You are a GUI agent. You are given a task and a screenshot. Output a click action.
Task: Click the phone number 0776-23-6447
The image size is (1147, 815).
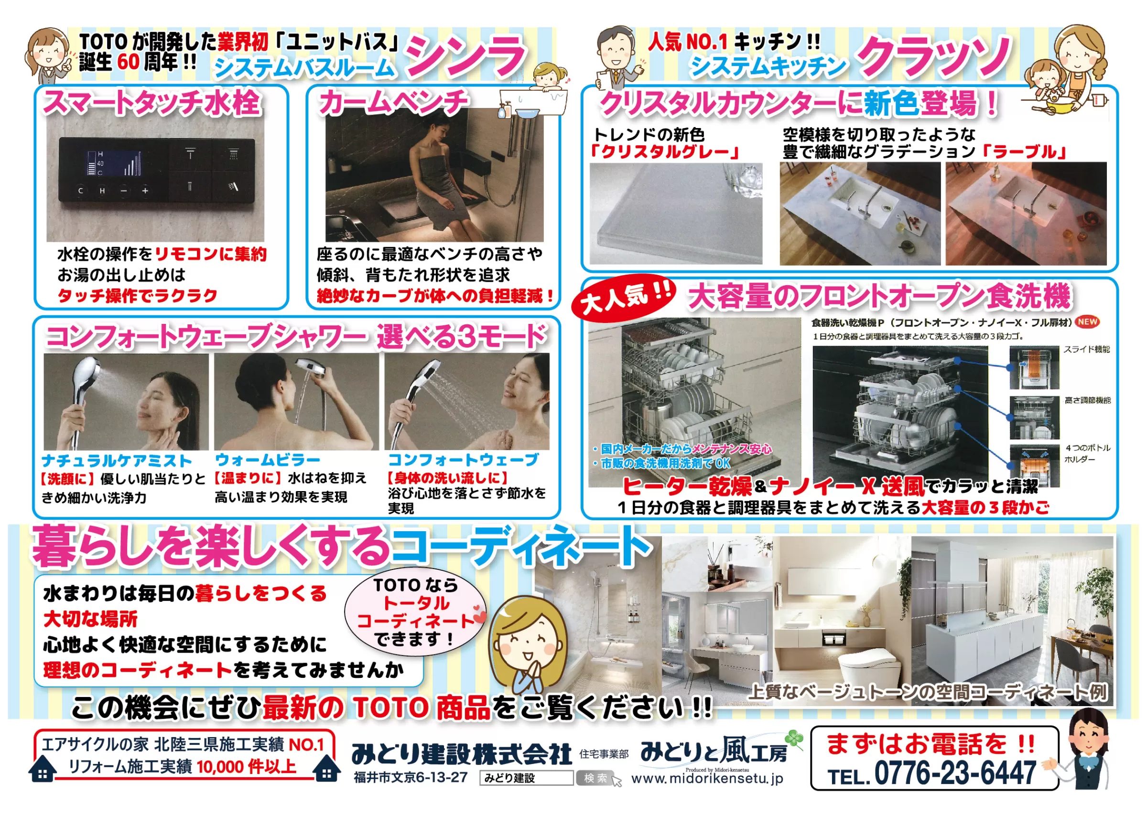955,773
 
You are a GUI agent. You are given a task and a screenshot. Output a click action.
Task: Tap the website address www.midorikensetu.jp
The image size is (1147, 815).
707,778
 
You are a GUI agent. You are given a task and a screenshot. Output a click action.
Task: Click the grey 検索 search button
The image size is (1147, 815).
595,778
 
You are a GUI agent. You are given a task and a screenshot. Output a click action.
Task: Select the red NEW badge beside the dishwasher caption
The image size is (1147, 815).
1087,322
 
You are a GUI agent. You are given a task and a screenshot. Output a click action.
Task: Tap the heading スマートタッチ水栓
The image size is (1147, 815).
152,102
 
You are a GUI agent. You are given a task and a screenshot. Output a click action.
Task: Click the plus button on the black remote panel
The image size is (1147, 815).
145,191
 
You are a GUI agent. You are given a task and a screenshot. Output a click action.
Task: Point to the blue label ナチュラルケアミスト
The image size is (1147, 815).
117,461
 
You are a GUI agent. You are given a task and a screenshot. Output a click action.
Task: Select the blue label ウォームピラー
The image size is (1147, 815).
267,460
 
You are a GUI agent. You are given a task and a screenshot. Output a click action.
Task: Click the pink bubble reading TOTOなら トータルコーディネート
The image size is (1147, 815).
416,613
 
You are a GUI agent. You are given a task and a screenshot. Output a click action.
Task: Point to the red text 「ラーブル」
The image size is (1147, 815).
1025,151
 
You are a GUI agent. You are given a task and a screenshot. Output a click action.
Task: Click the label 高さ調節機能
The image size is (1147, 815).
1087,400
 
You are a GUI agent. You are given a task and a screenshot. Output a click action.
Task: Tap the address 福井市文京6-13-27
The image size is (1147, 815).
411,778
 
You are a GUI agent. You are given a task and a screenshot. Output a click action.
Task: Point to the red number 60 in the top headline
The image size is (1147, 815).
128,62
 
